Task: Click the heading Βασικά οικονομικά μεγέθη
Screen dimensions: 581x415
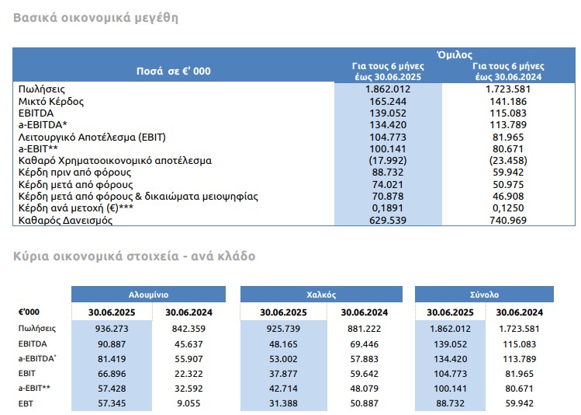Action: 95,18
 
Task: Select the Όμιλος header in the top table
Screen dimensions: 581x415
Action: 455,55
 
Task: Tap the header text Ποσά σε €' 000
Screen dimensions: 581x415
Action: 174,71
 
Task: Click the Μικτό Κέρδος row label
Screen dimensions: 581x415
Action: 51,101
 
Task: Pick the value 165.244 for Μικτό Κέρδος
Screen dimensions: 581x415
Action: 388,101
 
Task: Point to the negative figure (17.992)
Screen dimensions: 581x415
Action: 388,160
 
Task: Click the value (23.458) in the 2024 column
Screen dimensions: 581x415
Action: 508,160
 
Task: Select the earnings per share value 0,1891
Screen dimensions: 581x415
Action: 388,207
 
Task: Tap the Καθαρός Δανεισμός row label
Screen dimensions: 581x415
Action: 65,220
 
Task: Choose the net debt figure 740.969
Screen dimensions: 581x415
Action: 508,220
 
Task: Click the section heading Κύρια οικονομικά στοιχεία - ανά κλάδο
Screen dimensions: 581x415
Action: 134,256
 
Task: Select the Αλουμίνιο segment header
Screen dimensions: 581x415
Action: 149,295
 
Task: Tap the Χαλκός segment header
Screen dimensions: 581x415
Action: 321,295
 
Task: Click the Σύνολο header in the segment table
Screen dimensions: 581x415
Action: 484,295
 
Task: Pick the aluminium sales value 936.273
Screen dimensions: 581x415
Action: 112,329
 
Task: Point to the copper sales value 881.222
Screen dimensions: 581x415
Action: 365,329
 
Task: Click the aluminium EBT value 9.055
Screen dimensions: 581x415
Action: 188,403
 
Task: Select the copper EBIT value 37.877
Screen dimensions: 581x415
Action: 283,374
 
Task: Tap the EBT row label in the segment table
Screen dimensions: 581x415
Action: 26,403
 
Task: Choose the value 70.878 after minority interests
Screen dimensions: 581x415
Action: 388,196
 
